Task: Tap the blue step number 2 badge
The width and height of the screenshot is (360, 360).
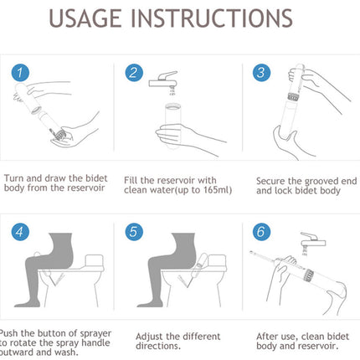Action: tap(135, 71)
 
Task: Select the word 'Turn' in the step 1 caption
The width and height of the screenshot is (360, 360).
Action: tap(17, 178)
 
